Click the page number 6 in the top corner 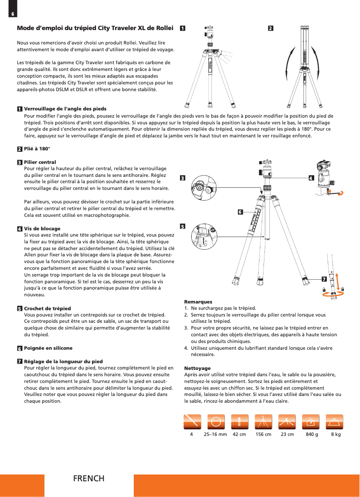pos(13,14)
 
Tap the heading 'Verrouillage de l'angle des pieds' pos(65,109)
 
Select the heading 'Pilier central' pos(40,162)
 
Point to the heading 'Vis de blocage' pos(42,229)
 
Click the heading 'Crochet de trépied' pos(47,308)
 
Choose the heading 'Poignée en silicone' pos(48,348)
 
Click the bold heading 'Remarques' pos(198,302)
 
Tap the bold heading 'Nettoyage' pos(198,368)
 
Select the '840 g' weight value pos(311,435)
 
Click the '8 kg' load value pos(335,435)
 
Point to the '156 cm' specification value pos(263,435)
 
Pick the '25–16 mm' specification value pos(215,435)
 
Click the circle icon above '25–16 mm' pos(216,422)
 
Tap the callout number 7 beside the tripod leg pos(324,279)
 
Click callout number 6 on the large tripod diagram pos(240,211)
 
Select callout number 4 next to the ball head pos(311,177)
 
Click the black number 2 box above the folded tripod pos(270,28)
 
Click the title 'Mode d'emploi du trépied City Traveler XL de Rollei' pos(95,28)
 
